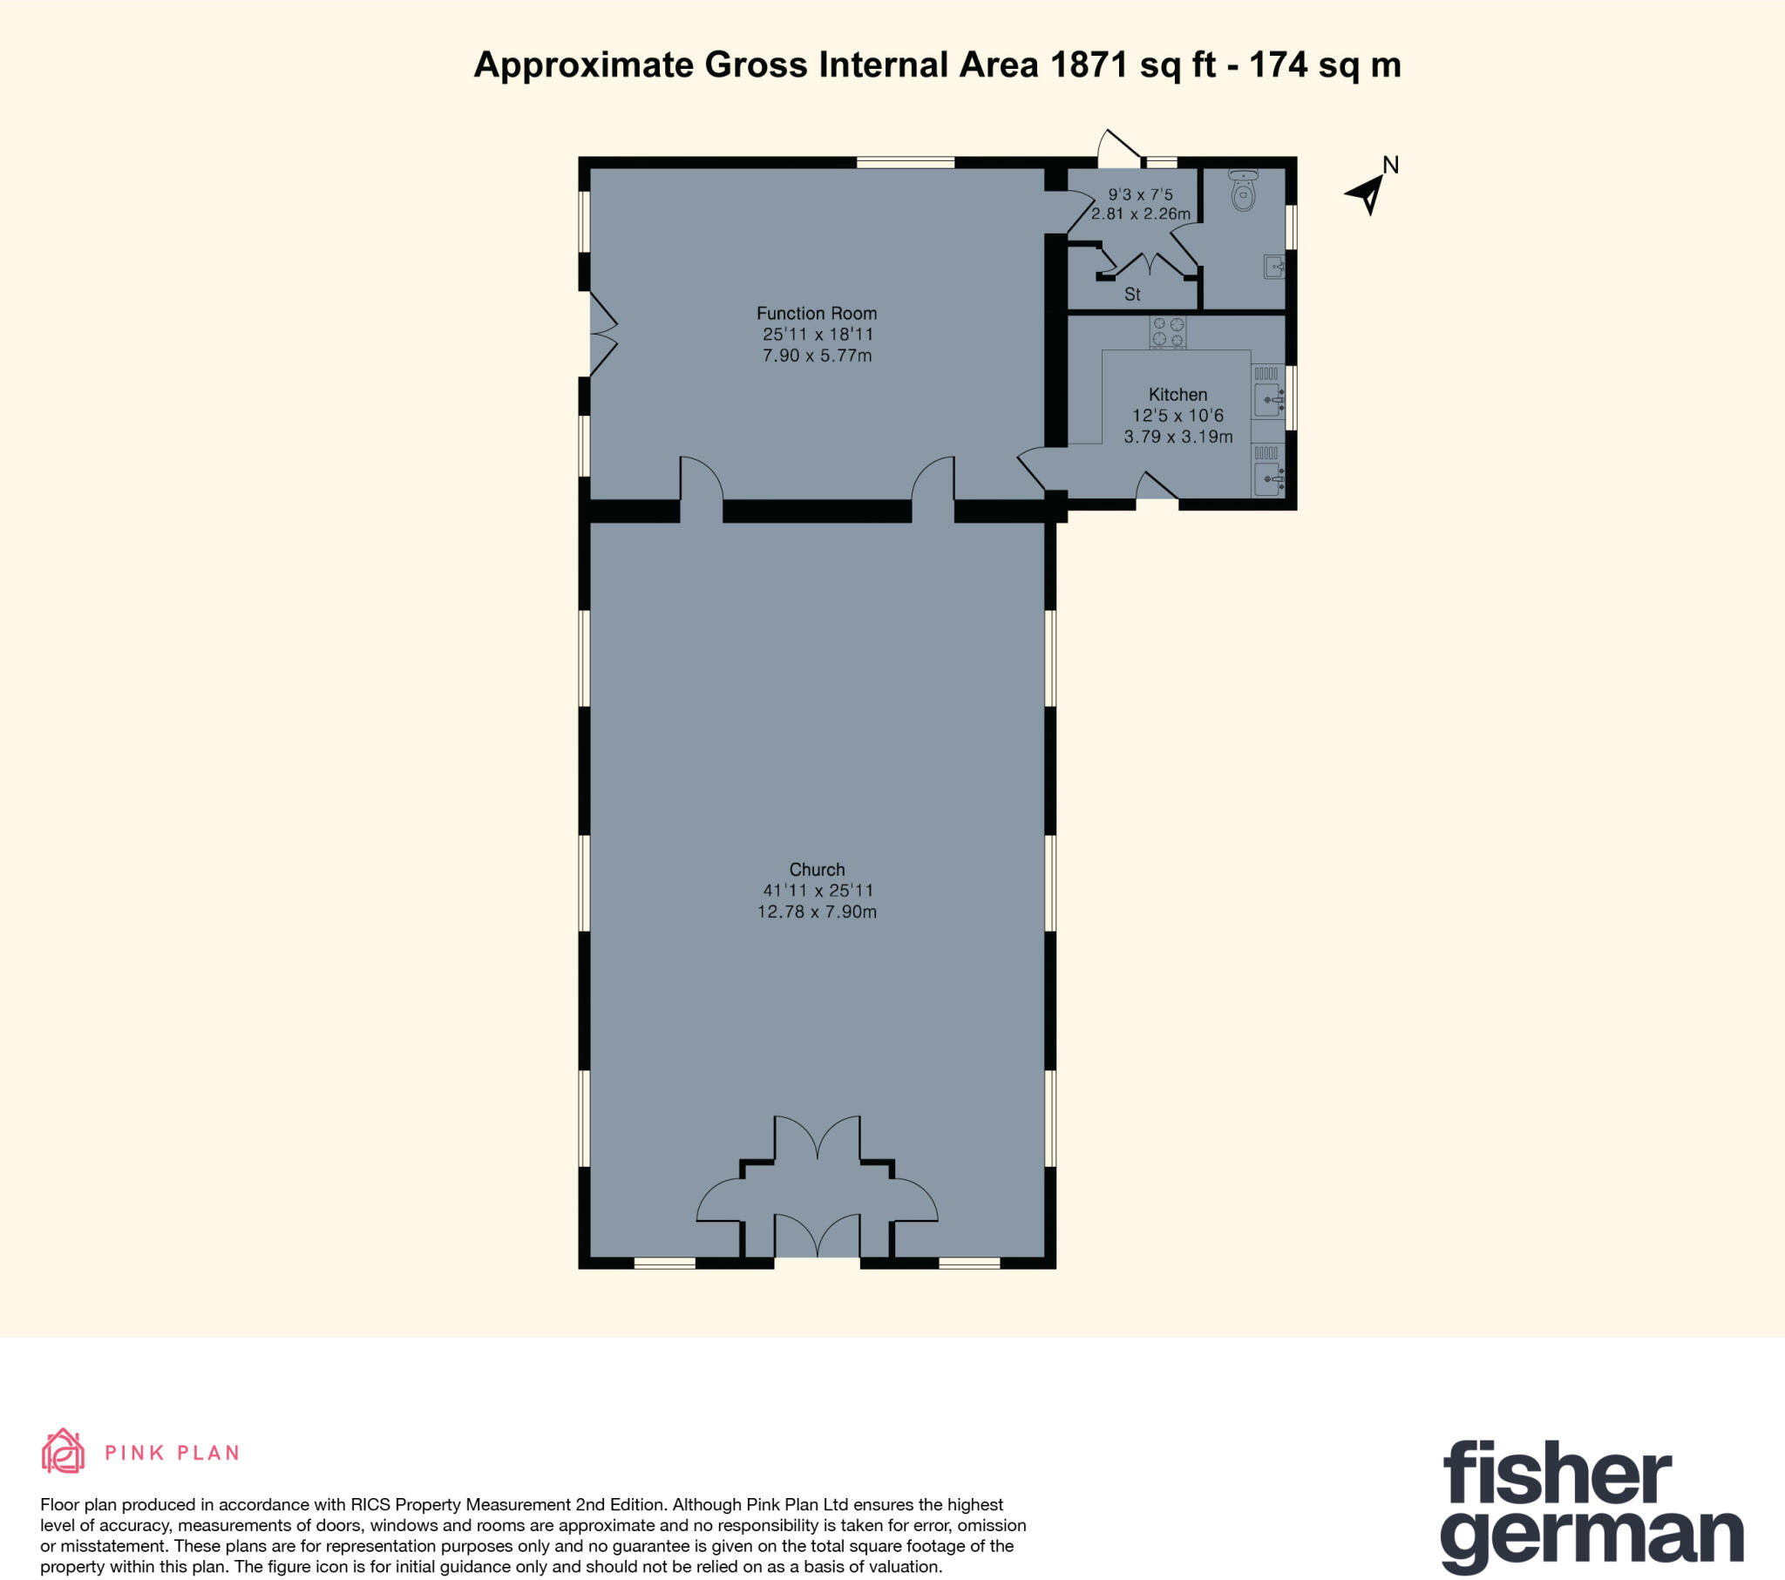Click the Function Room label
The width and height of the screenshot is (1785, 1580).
[816, 313]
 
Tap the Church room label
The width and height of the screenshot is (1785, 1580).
[817, 869]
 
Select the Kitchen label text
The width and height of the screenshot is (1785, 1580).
[1178, 394]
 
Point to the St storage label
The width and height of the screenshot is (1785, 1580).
[1132, 295]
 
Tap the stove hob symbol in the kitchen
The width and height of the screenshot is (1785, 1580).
[1168, 332]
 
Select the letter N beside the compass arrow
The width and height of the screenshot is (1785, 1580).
[1390, 165]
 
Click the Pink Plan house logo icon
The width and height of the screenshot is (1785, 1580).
[63, 1452]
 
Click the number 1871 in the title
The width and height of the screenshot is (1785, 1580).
[1088, 65]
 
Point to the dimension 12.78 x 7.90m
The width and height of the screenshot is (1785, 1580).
[817, 912]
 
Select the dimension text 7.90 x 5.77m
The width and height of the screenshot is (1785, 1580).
[817, 356]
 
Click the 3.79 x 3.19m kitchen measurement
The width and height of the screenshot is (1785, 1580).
[1178, 437]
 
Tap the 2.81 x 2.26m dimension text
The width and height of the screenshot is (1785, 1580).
[1141, 214]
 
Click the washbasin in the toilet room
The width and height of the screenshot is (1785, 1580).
[1273, 266]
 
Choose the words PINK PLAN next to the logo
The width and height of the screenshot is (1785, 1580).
[172, 1454]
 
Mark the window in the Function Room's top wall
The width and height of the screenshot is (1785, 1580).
[905, 162]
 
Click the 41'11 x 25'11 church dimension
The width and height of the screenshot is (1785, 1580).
[817, 891]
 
